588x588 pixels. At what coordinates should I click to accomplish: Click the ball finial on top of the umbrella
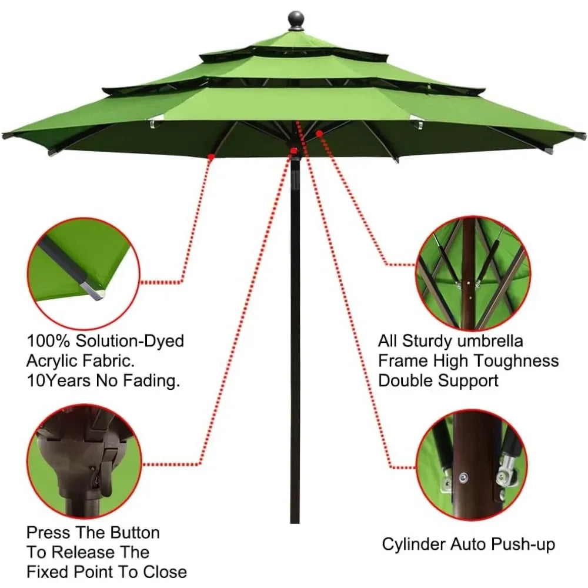[x=296, y=19]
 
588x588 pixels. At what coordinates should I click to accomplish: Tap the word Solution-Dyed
[x=130, y=341]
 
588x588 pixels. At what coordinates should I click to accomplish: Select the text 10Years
[x=58, y=380]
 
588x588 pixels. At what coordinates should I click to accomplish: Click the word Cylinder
[x=414, y=544]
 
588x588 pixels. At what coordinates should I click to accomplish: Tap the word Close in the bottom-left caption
[x=165, y=572]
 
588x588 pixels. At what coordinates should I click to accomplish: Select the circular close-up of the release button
[x=84, y=462]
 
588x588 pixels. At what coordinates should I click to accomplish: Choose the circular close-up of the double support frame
[x=473, y=274]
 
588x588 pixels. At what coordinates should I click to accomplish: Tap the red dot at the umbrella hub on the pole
[x=293, y=151]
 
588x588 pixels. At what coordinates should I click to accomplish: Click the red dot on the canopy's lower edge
[x=211, y=157]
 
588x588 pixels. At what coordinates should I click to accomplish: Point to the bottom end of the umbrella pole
[x=295, y=523]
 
